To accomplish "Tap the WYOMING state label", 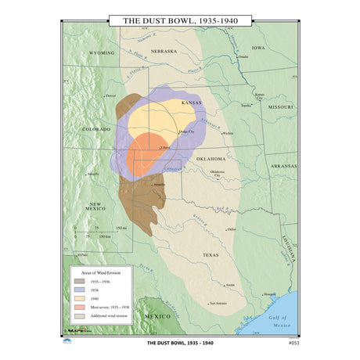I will click(102, 53).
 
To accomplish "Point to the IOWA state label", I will click(258, 47).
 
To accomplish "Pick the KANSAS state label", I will click(191, 103).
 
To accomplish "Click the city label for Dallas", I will click(231, 229).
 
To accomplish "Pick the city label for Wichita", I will click(228, 134).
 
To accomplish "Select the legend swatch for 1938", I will click(79, 289).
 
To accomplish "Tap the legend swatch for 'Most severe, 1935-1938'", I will click(79, 308).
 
